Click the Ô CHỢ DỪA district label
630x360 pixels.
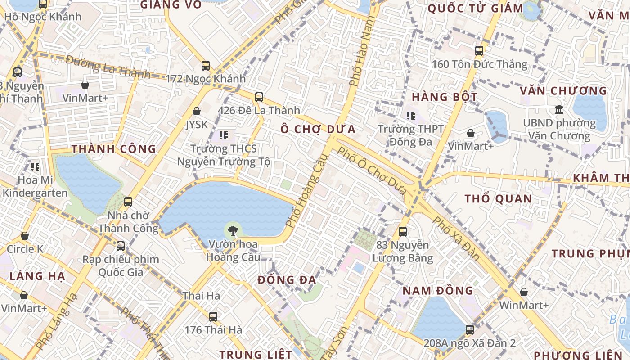[318, 130]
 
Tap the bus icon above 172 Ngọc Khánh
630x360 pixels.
[206, 65]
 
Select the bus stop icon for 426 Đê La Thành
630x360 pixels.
[259, 97]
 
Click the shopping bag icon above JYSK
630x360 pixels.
[197, 111]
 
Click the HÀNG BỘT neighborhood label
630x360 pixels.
[445, 97]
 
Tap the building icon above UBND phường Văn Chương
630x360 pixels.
[559, 109]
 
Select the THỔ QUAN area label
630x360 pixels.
[498, 199]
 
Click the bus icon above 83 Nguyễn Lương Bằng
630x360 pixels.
[403, 232]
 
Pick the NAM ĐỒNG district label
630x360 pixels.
[438, 290]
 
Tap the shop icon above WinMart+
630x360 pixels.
[523, 292]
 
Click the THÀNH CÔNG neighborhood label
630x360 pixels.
[113, 149]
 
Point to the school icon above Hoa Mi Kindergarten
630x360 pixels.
[35, 167]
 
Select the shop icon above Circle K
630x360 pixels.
[25, 236]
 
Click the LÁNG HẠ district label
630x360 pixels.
[37, 276]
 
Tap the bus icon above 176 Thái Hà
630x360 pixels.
[213, 316]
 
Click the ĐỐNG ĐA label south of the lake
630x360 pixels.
[287, 280]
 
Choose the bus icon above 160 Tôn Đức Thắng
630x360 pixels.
[479, 51]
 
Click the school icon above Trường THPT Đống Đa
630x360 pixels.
[410, 116]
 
